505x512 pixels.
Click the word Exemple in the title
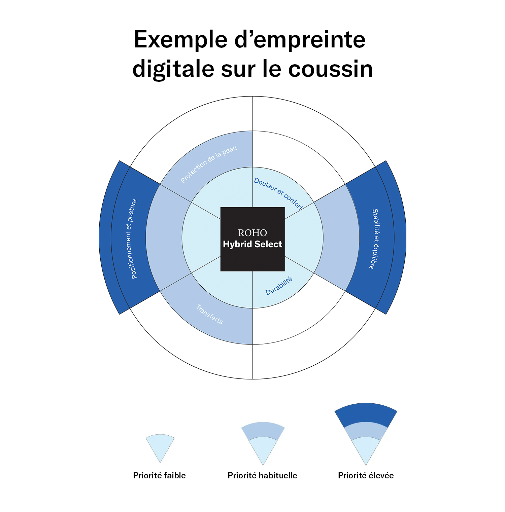[181, 40]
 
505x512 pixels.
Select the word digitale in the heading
[173, 69]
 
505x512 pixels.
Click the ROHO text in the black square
[252, 233]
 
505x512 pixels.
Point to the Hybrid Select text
[252, 244]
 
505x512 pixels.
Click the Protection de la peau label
[209, 164]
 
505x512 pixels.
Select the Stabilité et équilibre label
[375, 239]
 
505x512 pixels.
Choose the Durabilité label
[279, 286]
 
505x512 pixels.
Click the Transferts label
[209, 314]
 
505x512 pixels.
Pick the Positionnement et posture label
[134, 239]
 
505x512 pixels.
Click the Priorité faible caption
[159, 475]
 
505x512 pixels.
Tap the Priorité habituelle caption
[262, 475]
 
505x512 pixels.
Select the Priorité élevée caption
[366, 475]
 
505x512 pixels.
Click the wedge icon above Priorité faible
[160, 446]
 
